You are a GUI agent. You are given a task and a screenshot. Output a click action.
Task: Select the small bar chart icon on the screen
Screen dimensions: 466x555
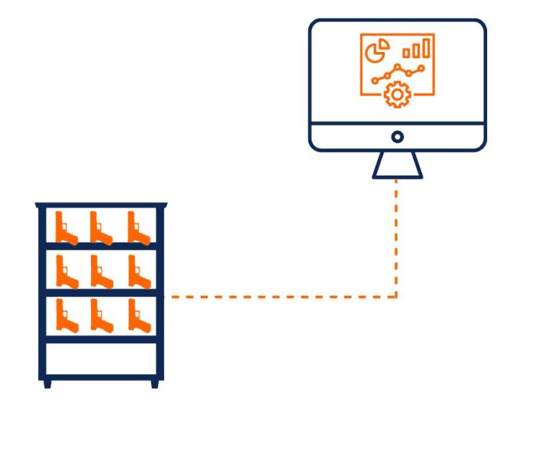tap(418, 48)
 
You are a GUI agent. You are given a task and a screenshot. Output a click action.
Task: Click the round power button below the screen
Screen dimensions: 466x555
tap(397, 136)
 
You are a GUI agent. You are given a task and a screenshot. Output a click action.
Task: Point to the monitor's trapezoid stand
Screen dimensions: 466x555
tap(397, 166)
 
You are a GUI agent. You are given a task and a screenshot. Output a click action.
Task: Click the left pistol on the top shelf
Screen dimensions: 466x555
tap(66, 228)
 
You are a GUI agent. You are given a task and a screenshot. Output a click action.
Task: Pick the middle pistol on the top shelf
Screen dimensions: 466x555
tap(100, 228)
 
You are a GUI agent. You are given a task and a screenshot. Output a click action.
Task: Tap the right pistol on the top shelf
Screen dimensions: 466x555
tap(138, 228)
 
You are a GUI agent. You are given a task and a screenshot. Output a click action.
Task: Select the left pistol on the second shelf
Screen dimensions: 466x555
tap(66, 272)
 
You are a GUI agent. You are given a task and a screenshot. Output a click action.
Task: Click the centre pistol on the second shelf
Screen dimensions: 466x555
tap(101, 272)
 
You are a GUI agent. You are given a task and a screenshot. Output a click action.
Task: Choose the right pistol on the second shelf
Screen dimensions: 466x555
tap(139, 272)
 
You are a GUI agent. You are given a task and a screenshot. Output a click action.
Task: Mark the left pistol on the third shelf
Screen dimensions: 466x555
tap(66, 316)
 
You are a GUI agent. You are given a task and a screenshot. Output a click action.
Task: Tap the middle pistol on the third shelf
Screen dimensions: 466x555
tap(101, 316)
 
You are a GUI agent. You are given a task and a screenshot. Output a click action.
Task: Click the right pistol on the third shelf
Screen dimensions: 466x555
tap(139, 316)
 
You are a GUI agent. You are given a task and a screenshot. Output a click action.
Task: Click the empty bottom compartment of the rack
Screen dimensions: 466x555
tap(101, 358)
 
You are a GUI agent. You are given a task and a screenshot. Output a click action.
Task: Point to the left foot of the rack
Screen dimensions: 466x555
tap(48, 384)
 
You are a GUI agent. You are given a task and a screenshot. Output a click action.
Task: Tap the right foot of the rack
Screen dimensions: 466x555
tap(155, 384)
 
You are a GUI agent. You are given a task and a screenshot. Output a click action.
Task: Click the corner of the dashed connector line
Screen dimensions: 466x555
tap(396, 296)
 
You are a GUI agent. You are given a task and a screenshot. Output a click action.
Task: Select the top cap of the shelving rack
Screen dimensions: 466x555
tap(101, 206)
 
